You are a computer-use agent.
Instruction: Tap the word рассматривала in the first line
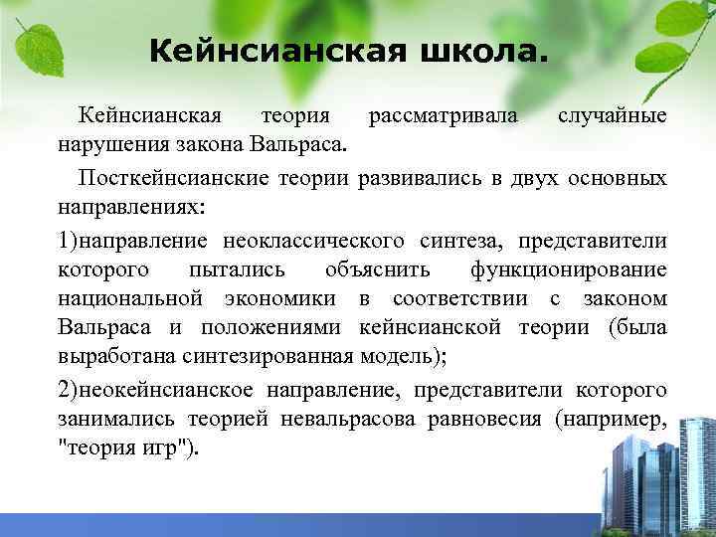point(443,116)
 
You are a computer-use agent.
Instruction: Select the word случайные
point(612,116)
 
